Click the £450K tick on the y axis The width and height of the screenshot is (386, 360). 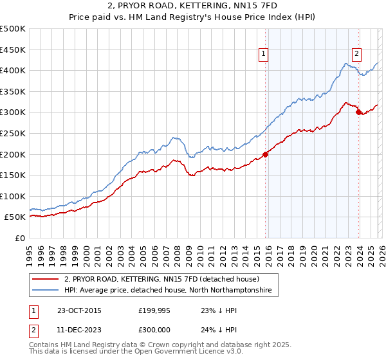[x=13, y=50]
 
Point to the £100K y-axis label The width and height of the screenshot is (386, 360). [x=13, y=196]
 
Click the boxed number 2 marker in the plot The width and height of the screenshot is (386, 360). [x=356, y=55]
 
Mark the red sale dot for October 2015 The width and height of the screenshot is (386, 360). [x=265, y=154]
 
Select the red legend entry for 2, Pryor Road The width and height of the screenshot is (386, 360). [x=161, y=279]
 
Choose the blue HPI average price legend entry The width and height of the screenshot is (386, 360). [x=167, y=291]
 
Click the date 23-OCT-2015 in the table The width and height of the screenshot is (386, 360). [x=79, y=310]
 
